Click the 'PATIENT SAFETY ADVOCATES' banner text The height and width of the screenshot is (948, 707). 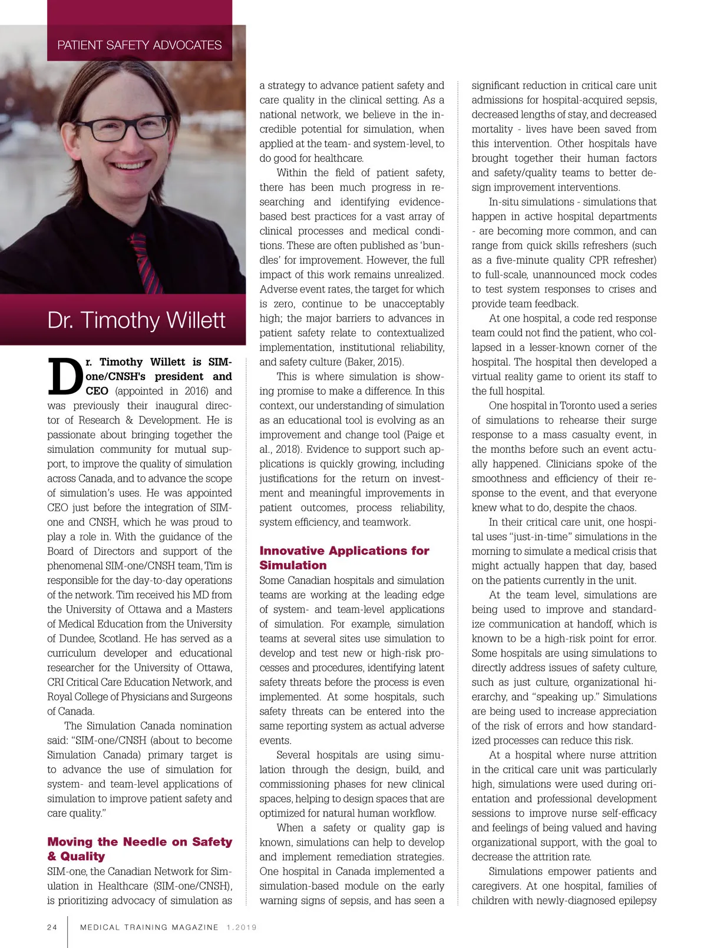tap(140, 45)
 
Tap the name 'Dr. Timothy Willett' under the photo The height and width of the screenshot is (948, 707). tap(136, 320)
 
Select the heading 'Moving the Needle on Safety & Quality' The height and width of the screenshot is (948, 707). tap(140, 849)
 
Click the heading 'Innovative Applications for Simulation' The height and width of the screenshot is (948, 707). tap(344, 558)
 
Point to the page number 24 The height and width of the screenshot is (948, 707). tap(52, 927)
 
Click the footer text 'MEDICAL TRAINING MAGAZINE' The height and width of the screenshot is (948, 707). tap(149, 927)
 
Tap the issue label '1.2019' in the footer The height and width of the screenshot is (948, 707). tap(242, 927)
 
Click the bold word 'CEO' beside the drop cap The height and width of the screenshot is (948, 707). tap(97, 391)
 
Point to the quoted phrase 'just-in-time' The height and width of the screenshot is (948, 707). tap(541, 536)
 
